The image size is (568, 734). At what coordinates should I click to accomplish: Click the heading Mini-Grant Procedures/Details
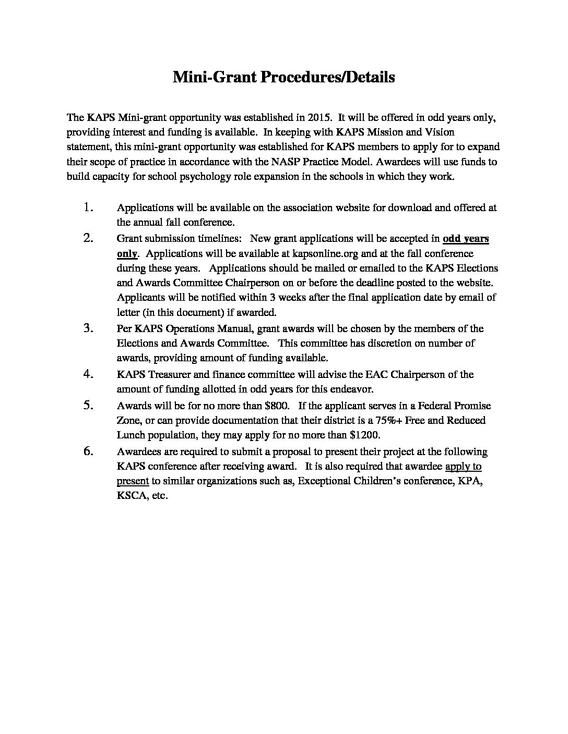pyautogui.click(x=283, y=77)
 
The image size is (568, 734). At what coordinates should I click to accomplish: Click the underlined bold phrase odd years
pyautogui.click(x=466, y=239)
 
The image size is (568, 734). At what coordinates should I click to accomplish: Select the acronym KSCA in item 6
pyautogui.click(x=131, y=496)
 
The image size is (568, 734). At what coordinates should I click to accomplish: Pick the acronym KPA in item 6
pyautogui.click(x=470, y=481)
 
